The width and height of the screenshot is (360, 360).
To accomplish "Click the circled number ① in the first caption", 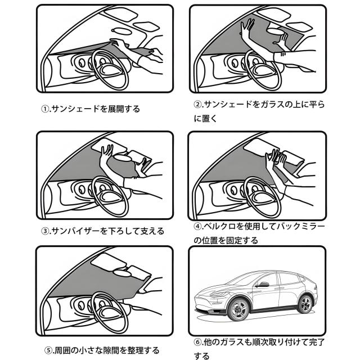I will [45, 109].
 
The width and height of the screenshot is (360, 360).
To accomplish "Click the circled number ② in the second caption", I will [197, 105].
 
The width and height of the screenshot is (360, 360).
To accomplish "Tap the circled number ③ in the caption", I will [45, 231].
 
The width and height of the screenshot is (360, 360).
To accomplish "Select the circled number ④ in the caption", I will [197, 227].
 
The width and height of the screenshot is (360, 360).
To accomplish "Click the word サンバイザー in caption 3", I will [71, 231].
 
